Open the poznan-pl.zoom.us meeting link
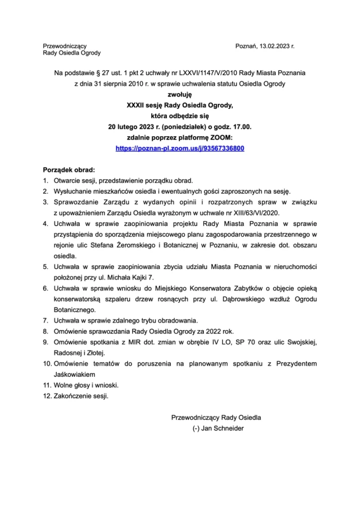click(x=180, y=148)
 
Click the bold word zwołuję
click(x=180, y=94)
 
